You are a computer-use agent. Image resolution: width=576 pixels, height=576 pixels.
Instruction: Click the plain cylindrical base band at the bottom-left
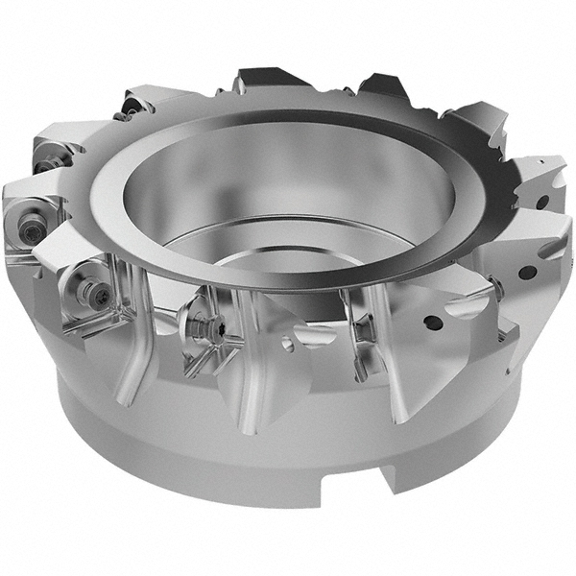[125, 442]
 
